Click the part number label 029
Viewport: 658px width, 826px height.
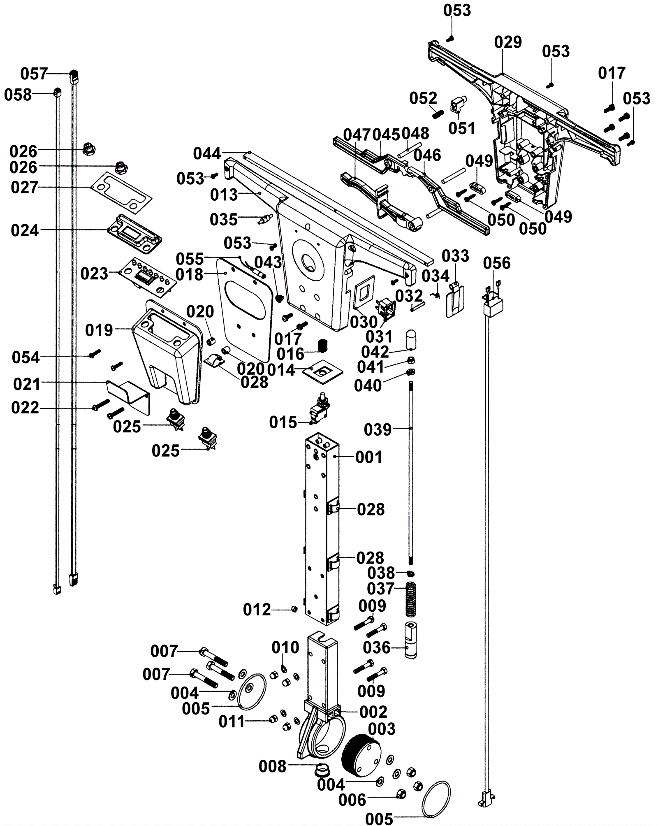508,42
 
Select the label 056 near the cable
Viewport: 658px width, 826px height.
497,263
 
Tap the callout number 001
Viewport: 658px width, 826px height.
369,457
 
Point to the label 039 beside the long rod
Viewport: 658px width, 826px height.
378,429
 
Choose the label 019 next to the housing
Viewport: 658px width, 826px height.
99,330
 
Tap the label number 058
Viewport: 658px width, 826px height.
18,95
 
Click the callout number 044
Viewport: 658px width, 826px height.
207,154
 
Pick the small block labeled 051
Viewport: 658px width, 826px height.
458,104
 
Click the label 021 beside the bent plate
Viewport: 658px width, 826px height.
27,384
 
